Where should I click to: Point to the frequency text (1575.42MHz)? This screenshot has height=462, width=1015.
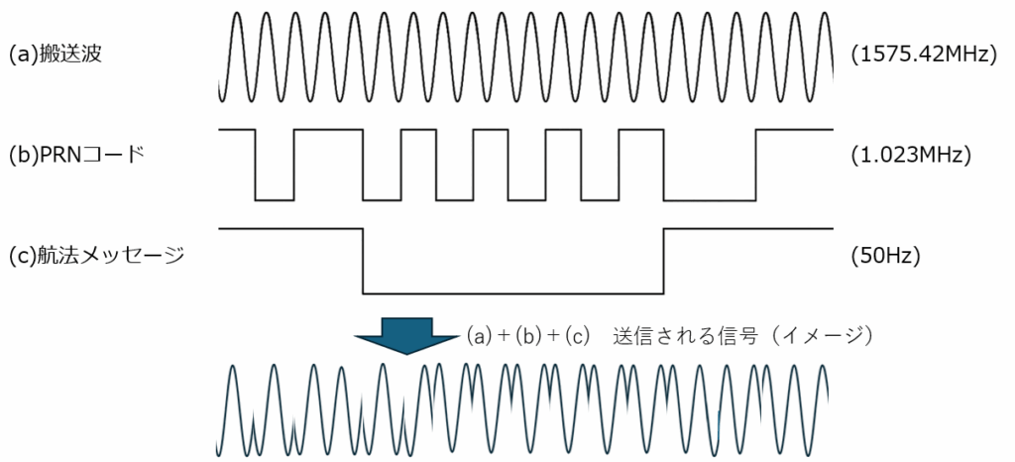point(923,56)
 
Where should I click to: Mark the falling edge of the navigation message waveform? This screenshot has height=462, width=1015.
point(364,261)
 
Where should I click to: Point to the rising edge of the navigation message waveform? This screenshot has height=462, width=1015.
point(663,261)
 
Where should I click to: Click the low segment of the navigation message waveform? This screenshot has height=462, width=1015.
point(513,292)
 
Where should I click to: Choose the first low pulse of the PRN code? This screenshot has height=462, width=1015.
point(274,198)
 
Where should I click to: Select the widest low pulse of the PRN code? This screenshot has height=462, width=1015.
point(709,198)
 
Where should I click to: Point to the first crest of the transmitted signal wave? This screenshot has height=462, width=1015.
point(232,368)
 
